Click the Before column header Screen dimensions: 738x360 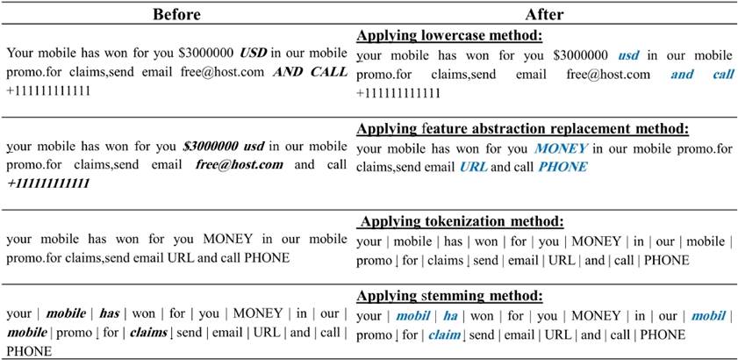(x=176, y=15)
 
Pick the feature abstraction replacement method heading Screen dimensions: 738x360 (x=522, y=129)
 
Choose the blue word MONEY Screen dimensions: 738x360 (x=561, y=148)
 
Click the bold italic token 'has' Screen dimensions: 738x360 (x=109, y=313)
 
